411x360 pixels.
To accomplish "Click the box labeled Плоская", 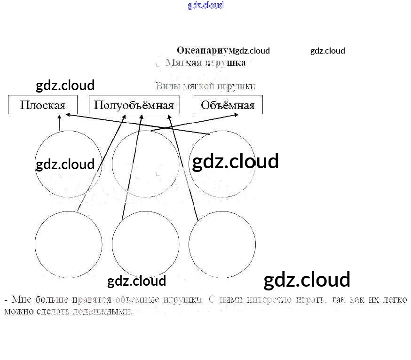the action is point(42,105).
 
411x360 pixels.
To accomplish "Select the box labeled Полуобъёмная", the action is point(134,105).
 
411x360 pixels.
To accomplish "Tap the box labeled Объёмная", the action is point(228,105).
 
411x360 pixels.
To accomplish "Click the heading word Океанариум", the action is point(205,50).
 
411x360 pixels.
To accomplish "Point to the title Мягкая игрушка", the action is point(205,63).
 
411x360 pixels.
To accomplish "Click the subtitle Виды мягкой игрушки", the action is point(205,86).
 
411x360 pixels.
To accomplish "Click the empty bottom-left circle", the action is point(68,244).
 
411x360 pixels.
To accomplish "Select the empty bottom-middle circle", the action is point(145,244).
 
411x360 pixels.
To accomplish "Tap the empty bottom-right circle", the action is point(222,244).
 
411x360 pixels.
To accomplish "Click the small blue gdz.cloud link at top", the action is point(205,5).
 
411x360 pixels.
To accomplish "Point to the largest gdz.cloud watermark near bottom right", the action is point(307,280).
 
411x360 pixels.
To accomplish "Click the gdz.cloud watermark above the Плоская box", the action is point(65,86).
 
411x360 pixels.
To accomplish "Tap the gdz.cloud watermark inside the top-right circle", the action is point(235,161).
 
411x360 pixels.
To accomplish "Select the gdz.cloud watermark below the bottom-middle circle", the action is point(137,281).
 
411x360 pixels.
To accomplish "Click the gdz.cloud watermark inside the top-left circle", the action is point(65,164).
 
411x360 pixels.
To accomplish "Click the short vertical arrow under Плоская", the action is point(59,123).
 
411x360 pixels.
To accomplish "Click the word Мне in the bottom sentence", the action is point(21,299).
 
